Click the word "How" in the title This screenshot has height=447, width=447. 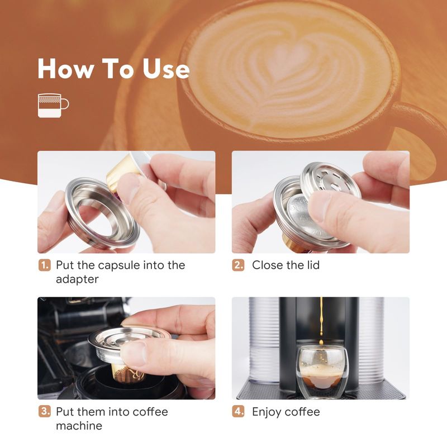tap(66, 68)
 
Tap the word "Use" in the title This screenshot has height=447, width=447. tap(166, 68)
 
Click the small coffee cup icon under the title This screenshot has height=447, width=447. tap(53, 105)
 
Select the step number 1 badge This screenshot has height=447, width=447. tap(45, 265)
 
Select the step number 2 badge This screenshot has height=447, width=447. tap(238, 265)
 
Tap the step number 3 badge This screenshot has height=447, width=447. tap(45, 411)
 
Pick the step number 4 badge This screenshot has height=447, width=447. tap(238, 411)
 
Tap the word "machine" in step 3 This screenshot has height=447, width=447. tap(79, 426)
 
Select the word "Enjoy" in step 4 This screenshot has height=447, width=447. tap(267, 412)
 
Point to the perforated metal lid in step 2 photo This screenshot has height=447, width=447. tap(330, 181)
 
